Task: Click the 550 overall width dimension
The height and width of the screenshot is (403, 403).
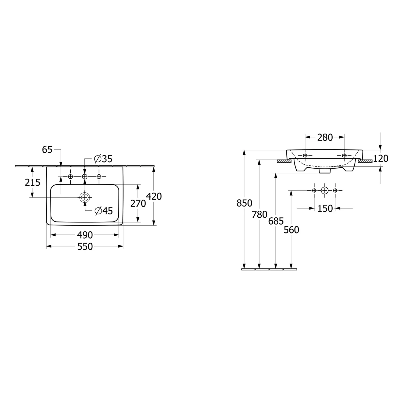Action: pos(85,247)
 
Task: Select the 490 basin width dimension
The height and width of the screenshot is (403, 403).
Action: pos(85,235)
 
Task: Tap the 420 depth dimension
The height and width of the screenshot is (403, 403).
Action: pos(154,196)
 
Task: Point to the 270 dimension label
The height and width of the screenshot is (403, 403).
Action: pos(138,204)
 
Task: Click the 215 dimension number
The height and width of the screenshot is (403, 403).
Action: pos(33,182)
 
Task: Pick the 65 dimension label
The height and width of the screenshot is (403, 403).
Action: pos(47,150)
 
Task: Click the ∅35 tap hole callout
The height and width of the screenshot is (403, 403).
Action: pos(103,159)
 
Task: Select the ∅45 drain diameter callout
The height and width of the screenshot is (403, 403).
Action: pos(104,211)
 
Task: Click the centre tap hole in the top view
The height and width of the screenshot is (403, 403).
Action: pos(85,176)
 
